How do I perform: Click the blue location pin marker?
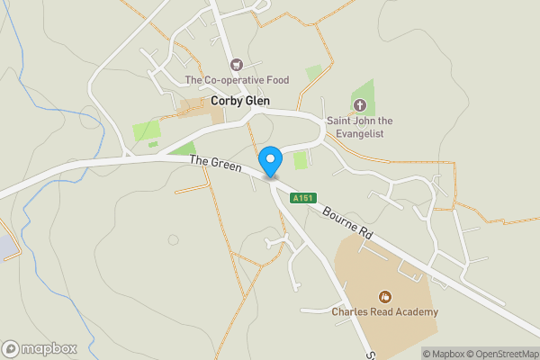pyautogui.click(x=271, y=161)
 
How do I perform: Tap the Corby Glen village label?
pyautogui.click(x=241, y=102)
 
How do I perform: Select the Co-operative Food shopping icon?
pyautogui.click(x=237, y=64)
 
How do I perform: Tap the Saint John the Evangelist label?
pyautogui.click(x=360, y=126)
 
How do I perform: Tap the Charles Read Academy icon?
pyautogui.click(x=385, y=296)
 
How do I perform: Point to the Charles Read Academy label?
pyautogui.click(x=384, y=312)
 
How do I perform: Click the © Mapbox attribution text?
pyautogui.click(x=444, y=353)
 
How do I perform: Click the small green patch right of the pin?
pyautogui.click(x=300, y=160)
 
